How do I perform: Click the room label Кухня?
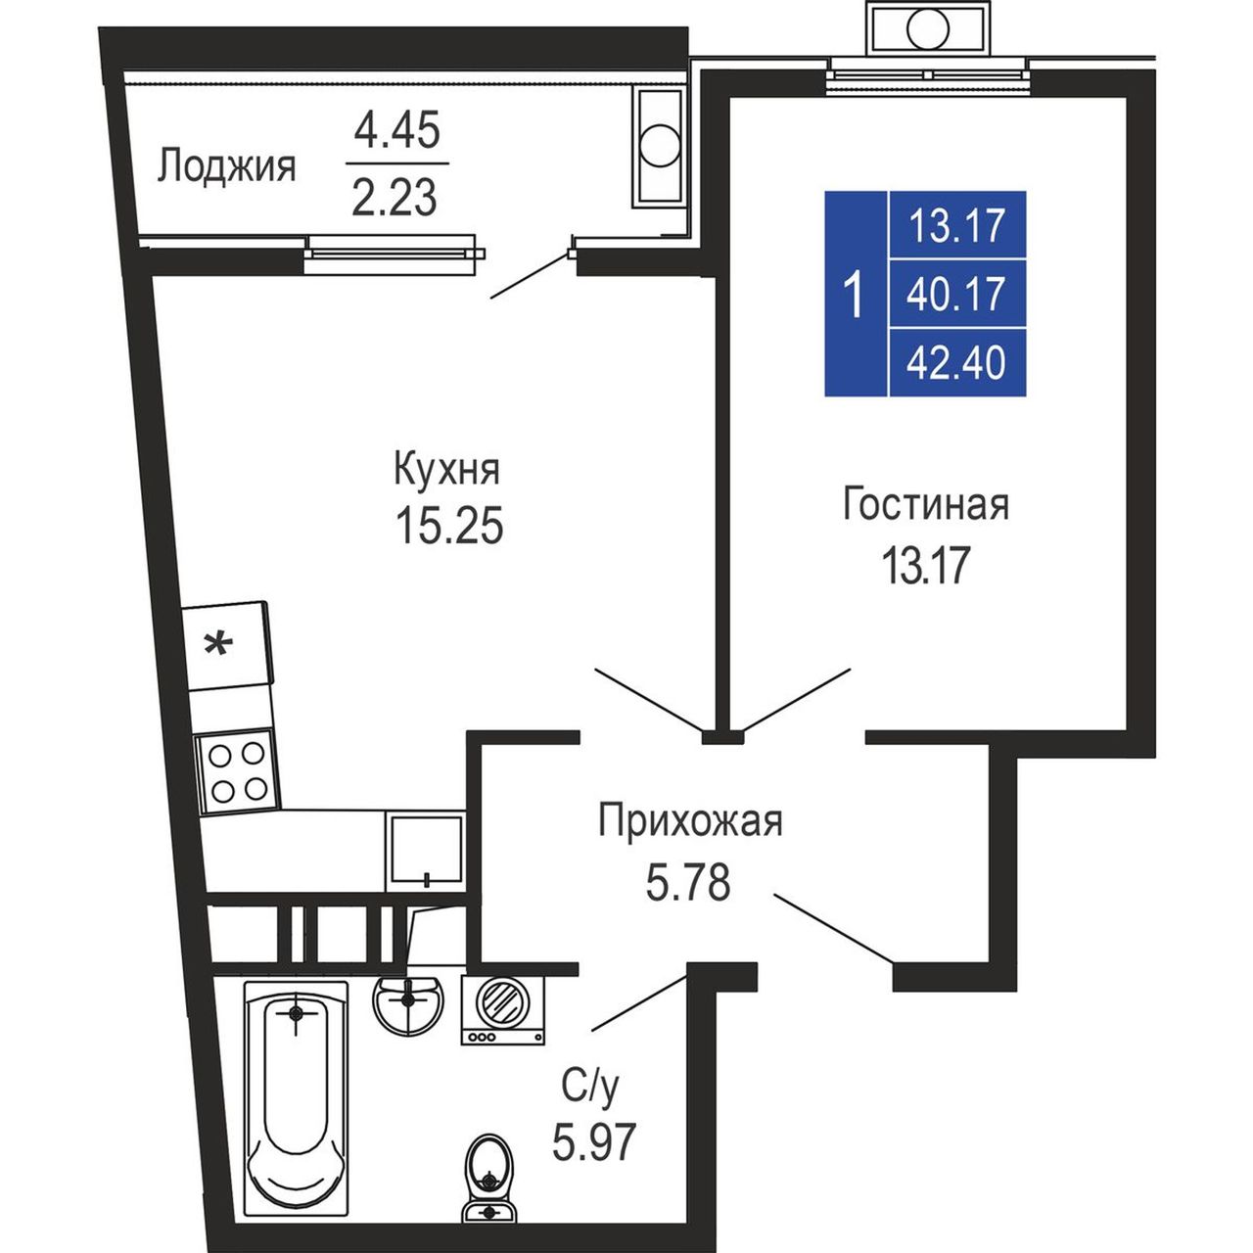[x=446, y=471]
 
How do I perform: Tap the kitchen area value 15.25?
[x=449, y=526]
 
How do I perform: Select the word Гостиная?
[x=926, y=504]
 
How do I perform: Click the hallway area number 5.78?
[x=688, y=882]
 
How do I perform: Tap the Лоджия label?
[x=227, y=167]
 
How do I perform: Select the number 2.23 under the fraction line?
[x=394, y=198]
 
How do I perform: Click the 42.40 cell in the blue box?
[x=955, y=362]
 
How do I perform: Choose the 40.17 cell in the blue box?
[x=955, y=294]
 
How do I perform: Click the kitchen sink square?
[x=426, y=851]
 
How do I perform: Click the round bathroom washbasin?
[x=408, y=1002]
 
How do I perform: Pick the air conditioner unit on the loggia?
[x=660, y=149]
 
